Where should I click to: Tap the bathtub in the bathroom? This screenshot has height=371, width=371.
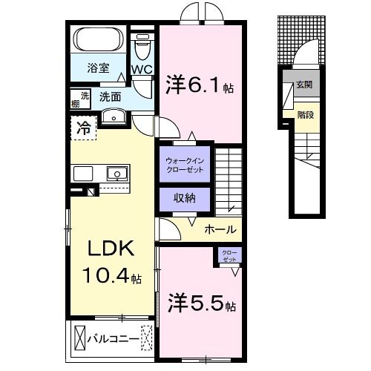pyautogui.click(x=99, y=41)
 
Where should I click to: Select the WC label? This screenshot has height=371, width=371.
pyautogui.click(x=142, y=69)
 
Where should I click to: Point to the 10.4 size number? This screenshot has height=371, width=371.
pyautogui.click(x=108, y=277)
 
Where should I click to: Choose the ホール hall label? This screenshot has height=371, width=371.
pyautogui.click(x=220, y=229)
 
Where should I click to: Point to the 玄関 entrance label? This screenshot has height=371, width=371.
pyautogui.click(x=304, y=85)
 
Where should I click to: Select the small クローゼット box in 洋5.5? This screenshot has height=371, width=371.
pyautogui.click(x=229, y=257)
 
